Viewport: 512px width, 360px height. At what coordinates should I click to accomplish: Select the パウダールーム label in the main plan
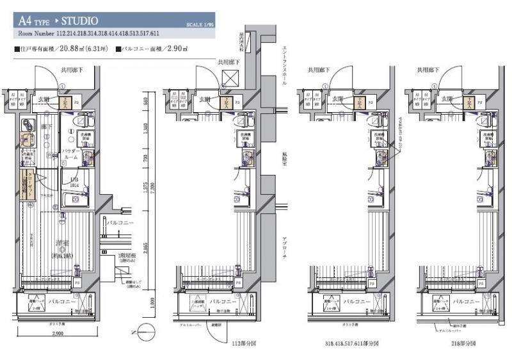[70, 154]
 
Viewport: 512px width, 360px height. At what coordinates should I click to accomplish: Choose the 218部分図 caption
[460, 344]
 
